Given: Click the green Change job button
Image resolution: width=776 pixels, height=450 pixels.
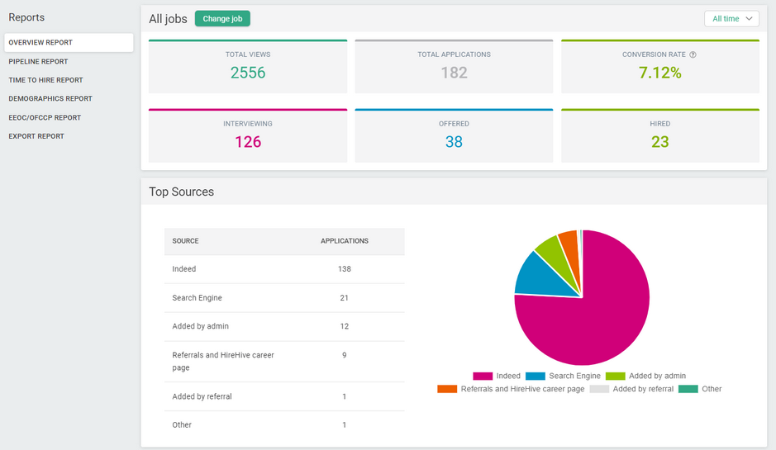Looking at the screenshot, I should (x=222, y=18).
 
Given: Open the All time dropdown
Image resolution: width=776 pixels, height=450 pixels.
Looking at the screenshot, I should (x=731, y=18).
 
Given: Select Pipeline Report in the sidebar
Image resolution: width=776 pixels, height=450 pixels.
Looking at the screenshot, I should (x=38, y=61).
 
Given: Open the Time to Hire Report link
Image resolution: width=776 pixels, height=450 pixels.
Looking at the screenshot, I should (x=45, y=80).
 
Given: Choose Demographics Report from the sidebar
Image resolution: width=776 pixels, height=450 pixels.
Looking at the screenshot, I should (x=50, y=98).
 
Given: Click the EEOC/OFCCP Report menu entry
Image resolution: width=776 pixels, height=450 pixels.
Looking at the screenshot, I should (x=45, y=117).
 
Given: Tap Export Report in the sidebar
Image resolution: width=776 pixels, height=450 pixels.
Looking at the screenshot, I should (x=36, y=136).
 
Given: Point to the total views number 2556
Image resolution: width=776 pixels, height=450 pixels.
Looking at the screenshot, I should (x=248, y=73).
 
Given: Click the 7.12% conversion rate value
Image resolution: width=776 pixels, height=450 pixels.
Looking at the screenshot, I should (x=659, y=73).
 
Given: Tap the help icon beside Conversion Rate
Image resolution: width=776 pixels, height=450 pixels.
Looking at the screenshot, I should (x=693, y=54).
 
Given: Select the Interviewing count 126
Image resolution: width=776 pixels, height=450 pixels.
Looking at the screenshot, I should (x=248, y=142).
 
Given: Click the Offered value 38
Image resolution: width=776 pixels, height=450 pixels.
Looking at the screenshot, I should (x=454, y=142).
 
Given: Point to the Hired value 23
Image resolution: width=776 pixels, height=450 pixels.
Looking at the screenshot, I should (x=659, y=142).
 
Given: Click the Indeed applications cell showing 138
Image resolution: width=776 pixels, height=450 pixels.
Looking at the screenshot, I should (x=345, y=269).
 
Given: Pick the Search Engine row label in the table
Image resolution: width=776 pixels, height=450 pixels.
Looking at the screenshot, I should (x=197, y=298).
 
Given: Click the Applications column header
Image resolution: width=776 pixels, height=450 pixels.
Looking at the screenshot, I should (x=345, y=241).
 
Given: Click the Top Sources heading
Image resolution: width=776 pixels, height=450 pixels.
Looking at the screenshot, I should (x=181, y=192).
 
